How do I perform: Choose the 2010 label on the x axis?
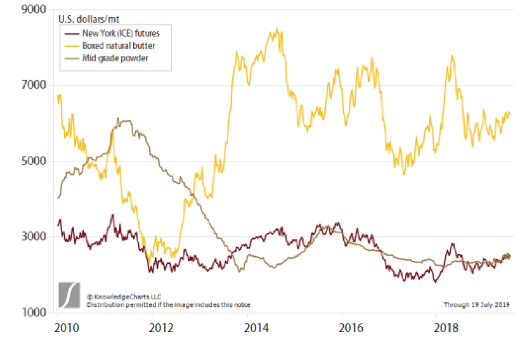[66, 327]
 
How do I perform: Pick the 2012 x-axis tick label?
[161, 327]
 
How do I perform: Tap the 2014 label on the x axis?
[255, 327]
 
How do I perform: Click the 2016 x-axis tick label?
[351, 327]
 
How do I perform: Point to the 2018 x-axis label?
[445, 327]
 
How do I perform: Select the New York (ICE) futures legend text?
[121, 33]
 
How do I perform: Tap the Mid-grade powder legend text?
[116, 58]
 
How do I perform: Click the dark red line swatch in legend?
[71, 33]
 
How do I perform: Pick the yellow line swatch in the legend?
[71, 46]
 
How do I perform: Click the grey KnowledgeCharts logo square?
[69, 295]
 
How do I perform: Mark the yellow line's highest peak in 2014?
[277, 29]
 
